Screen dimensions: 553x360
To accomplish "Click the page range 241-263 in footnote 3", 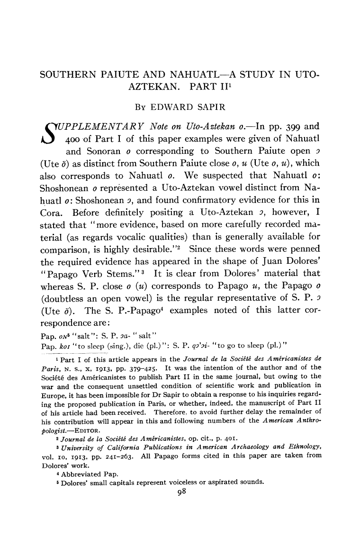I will (x=107, y=455).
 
